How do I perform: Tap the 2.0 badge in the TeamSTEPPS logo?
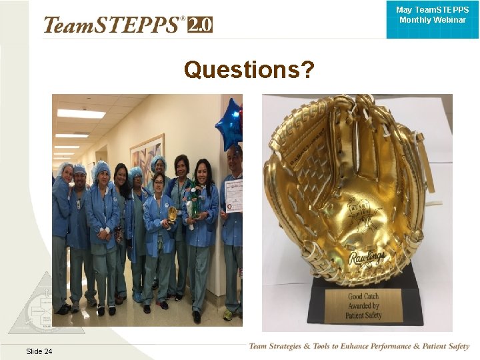200,25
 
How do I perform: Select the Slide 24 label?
39,351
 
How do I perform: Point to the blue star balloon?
229,124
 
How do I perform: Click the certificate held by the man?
233,195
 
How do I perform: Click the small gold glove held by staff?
173,214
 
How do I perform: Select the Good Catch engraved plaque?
364,305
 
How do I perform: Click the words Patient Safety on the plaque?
364,315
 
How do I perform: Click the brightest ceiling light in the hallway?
80,114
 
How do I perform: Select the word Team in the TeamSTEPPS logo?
68,25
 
